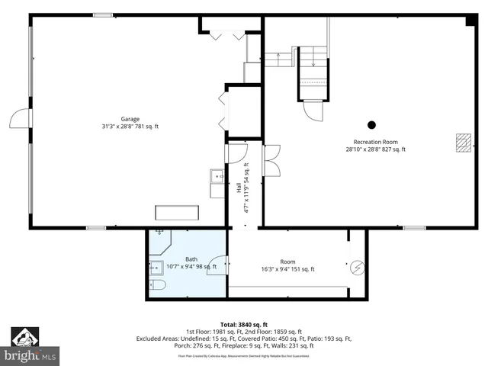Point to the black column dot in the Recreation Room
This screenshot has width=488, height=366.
click(x=371, y=125)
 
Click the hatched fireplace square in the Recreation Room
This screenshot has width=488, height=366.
click(x=461, y=143)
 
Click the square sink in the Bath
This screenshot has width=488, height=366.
click(x=156, y=267)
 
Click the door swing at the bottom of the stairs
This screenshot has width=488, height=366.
click(x=313, y=111)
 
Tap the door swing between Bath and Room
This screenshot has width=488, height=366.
click(x=218, y=264)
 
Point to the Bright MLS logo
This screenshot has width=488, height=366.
click(x=30, y=347)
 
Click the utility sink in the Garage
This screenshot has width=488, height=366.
click(x=217, y=177)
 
